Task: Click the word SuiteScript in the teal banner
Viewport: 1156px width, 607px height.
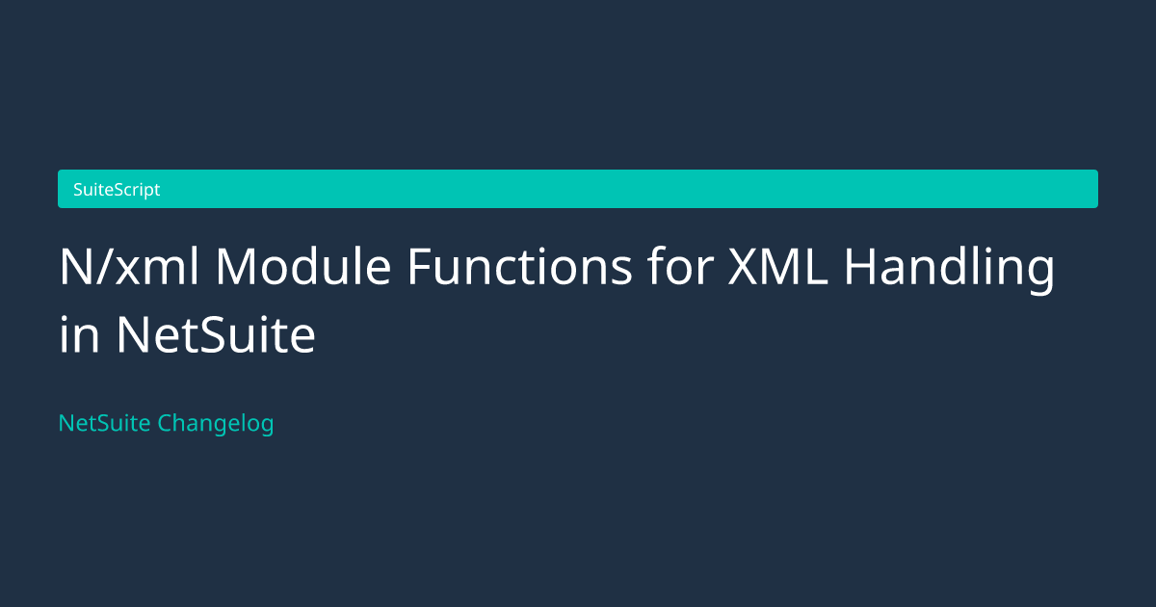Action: point(117,190)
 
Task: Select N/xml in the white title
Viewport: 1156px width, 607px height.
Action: point(129,266)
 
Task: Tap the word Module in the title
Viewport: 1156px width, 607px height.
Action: point(303,266)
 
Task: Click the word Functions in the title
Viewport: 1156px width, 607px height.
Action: point(519,266)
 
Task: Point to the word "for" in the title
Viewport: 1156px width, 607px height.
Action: point(681,266)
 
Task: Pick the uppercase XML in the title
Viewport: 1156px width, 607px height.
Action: point(778,266)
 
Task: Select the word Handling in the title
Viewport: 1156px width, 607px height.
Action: point(950,271)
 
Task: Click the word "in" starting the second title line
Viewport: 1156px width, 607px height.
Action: point(79,334)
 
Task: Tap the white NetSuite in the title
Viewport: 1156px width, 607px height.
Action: point(216,334)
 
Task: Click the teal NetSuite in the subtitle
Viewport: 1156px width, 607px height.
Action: point(104,423)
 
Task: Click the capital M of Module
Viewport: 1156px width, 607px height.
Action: point(235,266)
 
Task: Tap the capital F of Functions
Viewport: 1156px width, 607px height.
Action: point(420,266)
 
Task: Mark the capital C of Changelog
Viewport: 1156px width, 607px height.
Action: point(166,423)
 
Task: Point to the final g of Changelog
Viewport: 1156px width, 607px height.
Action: point(265,428)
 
